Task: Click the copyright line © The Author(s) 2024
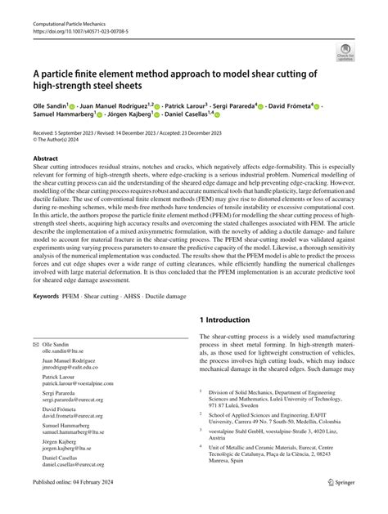[x=72, y=140]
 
